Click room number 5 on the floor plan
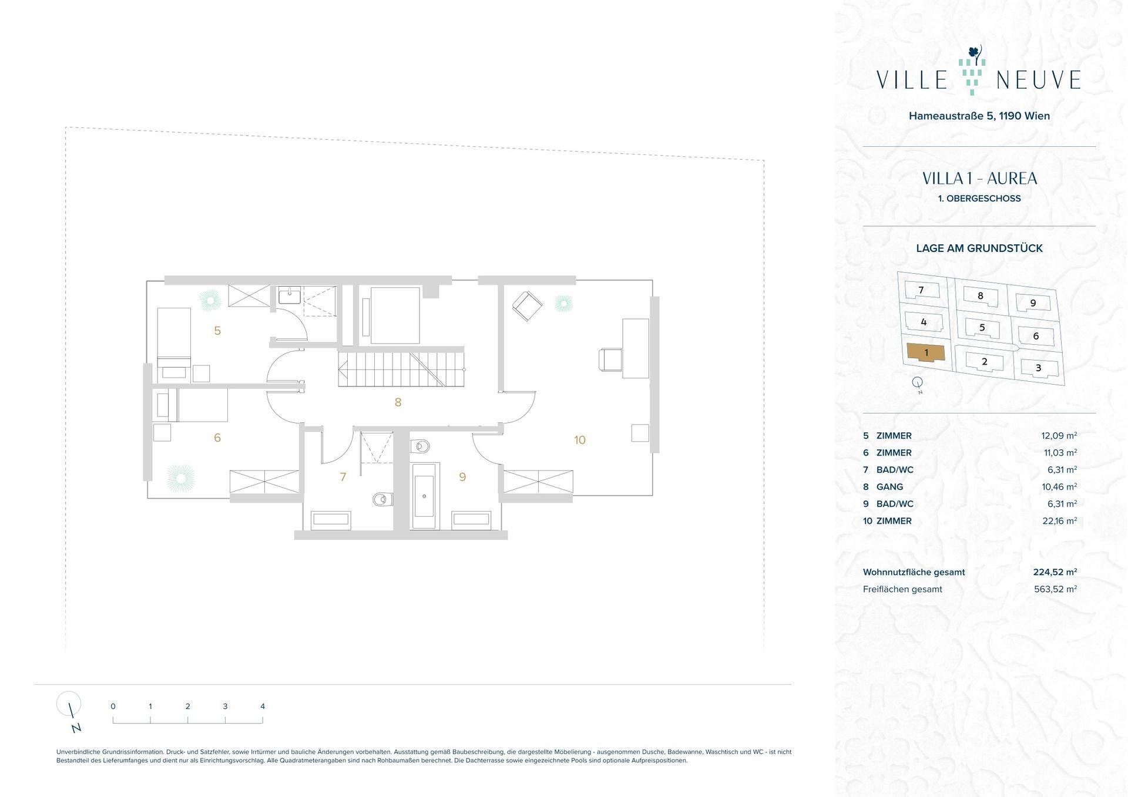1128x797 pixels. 217,331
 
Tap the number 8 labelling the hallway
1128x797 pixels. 398,402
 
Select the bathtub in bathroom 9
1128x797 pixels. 424,496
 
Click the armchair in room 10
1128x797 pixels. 528,306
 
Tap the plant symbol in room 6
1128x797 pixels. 180,478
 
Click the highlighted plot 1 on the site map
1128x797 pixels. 926,352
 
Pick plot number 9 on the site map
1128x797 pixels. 1033,303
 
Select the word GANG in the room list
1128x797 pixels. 889,487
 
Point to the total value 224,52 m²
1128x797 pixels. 1055,572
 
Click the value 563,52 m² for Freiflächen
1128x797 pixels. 1055,589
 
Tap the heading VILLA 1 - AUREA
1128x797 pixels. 979,179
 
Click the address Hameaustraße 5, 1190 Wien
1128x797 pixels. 979,116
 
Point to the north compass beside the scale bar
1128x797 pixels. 69,711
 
